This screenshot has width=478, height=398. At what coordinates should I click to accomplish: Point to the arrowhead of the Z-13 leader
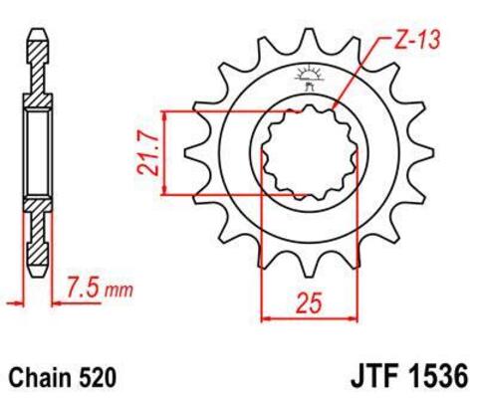click(334, 106)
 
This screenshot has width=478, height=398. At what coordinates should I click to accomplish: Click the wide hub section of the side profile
click(36, 154)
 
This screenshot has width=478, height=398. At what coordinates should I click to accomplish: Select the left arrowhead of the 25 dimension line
click(264, 318)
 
